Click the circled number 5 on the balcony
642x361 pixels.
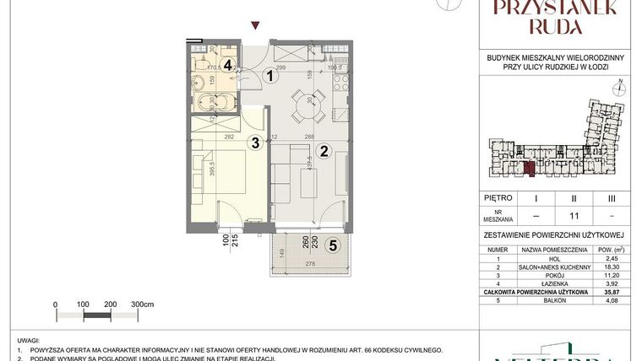click(333, 246)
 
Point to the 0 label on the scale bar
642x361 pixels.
click(55, 303)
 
